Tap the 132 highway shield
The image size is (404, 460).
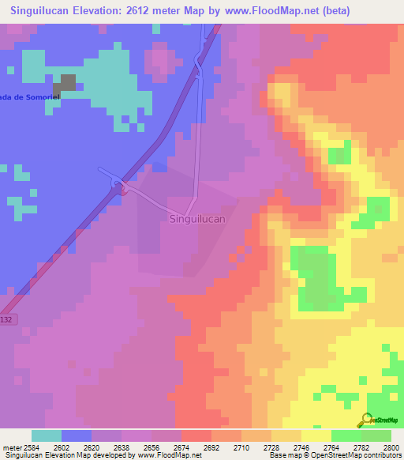(x=7, y=318)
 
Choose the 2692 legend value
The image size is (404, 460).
(x=211, y=447)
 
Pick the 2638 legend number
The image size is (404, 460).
(x=122, y=447)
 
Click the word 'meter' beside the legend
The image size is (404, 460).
(x=10, y=447)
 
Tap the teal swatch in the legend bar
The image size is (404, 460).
(x=46, y=435)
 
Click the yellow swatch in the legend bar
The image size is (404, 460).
(x=316, y=435)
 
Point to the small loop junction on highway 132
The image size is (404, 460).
(x=119, y=186)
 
